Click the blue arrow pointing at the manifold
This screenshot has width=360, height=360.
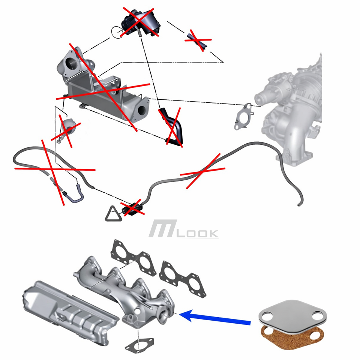tap(214, 318)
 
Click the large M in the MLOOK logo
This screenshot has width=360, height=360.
tap(163, 228)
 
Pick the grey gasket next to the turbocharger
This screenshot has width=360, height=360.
tap(244, 116)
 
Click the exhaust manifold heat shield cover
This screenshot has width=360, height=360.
tap(70, 312)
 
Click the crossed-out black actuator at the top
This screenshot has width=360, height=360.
tap(140, 22)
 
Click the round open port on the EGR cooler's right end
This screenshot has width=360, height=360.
tap(143, 111)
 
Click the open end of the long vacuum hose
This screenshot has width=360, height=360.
tap(299, 205)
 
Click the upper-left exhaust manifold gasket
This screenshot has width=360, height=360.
tap(133, 257)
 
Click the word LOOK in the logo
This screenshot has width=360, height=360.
tap(198, 234)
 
